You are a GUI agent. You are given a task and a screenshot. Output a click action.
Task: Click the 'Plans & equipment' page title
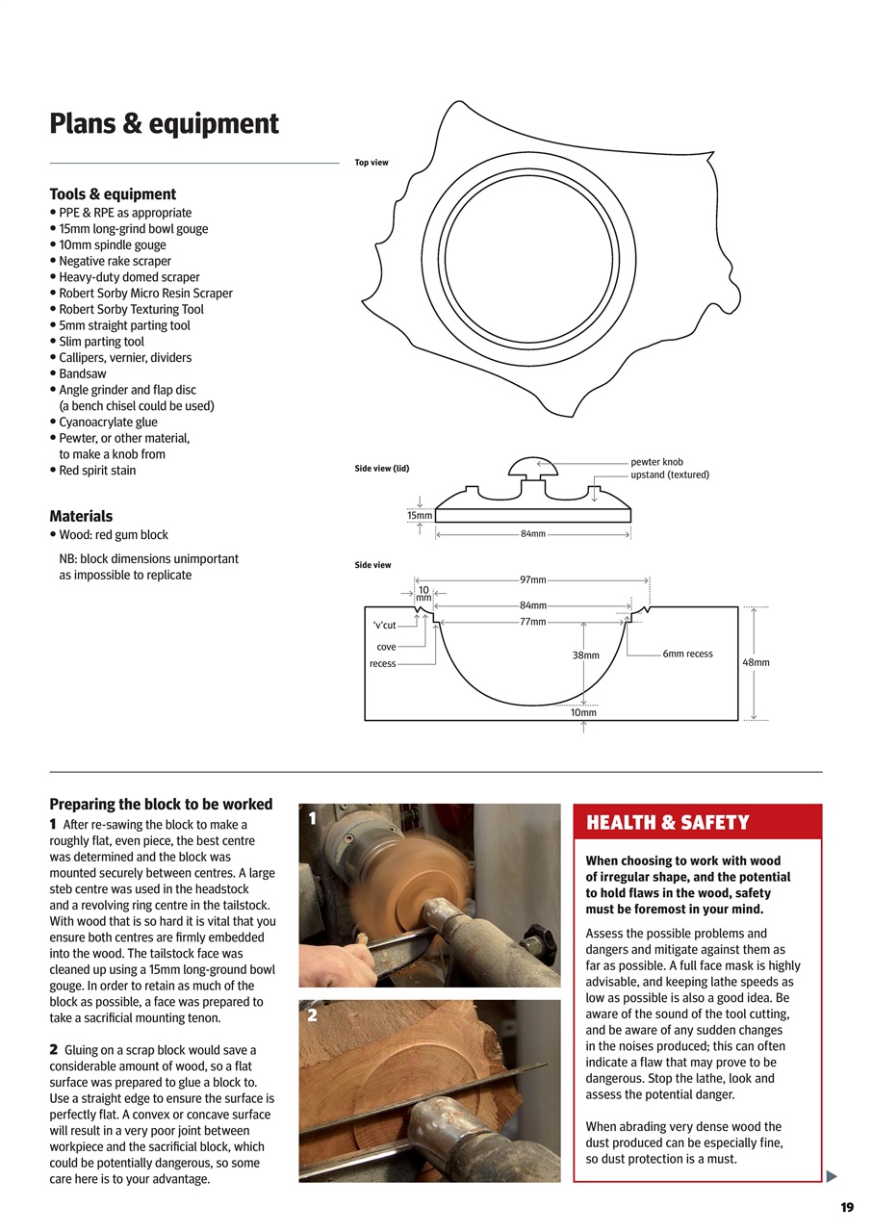(x=164, y=124)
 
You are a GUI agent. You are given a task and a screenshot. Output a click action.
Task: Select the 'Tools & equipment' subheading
(x=113, y=193)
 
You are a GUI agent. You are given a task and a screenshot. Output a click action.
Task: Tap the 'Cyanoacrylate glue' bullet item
(x=108, y=422)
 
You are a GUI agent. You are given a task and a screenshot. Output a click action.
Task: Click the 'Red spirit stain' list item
(x=97, y=471)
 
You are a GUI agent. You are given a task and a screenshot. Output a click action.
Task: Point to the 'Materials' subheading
(x=81, y=516)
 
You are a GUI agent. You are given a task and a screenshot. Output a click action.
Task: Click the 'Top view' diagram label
(x=372, y=163)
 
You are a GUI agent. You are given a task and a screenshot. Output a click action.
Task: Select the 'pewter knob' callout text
(x=656, y=462)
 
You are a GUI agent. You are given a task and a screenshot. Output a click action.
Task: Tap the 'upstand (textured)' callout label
(x=669, y=475)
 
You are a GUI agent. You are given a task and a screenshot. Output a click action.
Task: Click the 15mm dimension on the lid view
(x=419, y=515)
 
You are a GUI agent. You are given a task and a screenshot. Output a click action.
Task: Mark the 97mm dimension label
(x=532, y=580)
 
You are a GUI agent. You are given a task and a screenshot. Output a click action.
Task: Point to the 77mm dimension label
(x=532, y=622)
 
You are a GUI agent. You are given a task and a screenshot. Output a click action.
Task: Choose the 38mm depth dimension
(x=585, y=655)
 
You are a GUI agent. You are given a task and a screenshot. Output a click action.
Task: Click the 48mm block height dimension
(x=756, y=662)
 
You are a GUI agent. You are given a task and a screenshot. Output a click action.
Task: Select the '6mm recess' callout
(x=687, y=654)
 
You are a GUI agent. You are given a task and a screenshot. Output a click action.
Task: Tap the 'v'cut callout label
(x=383, y=626)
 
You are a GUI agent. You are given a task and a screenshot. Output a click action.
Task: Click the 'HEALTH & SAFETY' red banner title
(x=667, y=823)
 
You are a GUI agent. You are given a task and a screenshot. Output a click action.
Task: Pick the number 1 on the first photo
(x=311, y=818)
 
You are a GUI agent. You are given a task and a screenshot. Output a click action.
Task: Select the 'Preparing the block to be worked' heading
(x=161, y=804)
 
